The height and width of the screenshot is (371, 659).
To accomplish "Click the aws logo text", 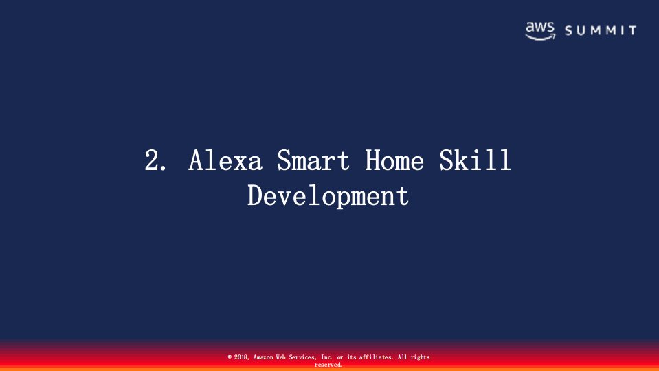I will click(x=539, y=27).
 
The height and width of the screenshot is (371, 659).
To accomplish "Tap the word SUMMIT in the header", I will click(x=601, y=31).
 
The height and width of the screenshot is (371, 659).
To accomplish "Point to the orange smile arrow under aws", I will click(x=540, y=37).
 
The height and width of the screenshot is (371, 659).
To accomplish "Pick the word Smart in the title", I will click(x=313, y=161).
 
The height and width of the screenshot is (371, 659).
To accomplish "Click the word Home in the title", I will click(x=394, y=161).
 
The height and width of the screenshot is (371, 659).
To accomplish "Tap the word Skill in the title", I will click(x=476, y=161).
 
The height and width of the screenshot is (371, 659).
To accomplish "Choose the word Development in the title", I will click(x=328, y=195).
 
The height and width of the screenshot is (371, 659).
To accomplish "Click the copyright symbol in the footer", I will click(x=230, y=357).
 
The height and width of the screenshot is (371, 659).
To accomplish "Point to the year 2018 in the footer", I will click(x=241, y=357).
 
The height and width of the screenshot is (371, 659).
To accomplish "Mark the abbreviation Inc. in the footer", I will click(x=327, y=357).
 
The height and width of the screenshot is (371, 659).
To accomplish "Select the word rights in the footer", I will click(x=421, y=357).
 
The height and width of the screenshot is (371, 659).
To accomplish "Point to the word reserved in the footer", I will click(x=328, y=365).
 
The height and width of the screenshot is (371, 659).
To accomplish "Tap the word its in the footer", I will click(x=351, y=357).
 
